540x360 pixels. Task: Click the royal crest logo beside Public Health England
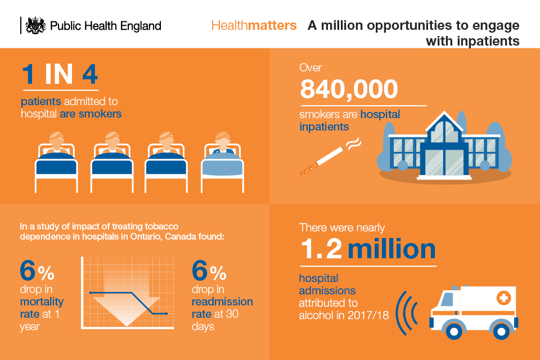35,25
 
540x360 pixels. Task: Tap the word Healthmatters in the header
254,25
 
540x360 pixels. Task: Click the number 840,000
349,89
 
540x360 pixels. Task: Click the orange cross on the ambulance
503,298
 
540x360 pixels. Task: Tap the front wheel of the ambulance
454,330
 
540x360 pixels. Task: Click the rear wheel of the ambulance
501,331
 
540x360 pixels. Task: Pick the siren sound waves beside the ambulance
406,313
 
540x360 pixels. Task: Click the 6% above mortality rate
37,271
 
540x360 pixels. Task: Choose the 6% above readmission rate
209,271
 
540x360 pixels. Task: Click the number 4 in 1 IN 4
90,74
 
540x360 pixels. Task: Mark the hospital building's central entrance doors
444,161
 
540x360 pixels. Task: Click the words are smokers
91,114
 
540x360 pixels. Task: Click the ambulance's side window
448,299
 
